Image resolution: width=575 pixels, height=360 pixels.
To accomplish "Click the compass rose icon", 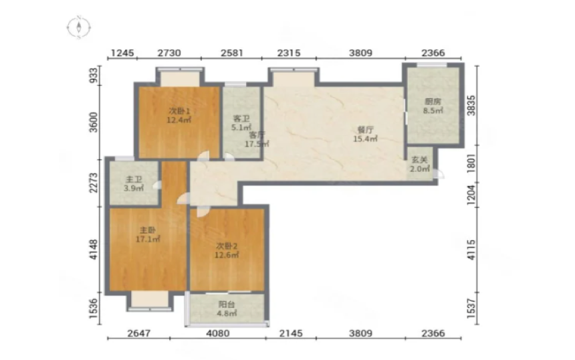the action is click(x=79, y=27).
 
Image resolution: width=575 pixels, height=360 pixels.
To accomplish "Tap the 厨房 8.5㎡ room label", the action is click(x=433, y=106).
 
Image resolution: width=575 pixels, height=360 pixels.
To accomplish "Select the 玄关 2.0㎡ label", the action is click(x=419, y=165).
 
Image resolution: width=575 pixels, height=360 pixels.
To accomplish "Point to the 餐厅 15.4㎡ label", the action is click(x=365, y=134).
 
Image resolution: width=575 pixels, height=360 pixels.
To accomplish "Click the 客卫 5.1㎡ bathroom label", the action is click(x=241, y=123).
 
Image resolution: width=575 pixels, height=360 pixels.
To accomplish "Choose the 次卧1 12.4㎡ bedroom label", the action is click(x=179, y=115).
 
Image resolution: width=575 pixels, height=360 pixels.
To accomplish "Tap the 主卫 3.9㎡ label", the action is click(x=134, y=184).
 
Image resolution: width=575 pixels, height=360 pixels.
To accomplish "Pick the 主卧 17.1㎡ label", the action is click(x=148, y=235).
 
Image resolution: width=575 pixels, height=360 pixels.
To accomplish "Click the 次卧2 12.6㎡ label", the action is click(x=227, y=250).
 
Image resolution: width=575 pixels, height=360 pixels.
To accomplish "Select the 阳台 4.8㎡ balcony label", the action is click(x=227, y=308).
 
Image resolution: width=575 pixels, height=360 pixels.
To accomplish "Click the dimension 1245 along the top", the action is click(x=122, y=54).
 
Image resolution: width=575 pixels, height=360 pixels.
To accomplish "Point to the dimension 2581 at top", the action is click(x=232, y=54).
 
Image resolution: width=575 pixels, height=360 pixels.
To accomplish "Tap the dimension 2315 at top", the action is click(x=289, y=54).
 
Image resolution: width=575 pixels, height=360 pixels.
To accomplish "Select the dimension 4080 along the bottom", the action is click(x=218, y=333).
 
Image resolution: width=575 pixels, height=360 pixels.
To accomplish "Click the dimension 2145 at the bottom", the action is click(x=291, y=333).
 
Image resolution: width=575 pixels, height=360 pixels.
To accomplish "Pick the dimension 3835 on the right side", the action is click(x=471, y=105).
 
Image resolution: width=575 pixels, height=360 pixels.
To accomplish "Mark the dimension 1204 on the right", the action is click(x=471, y=195).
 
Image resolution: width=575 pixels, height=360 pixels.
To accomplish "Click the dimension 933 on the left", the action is click(x=94, y=76).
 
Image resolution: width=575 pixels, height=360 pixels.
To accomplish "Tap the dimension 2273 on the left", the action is click(x=94, y=183).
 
